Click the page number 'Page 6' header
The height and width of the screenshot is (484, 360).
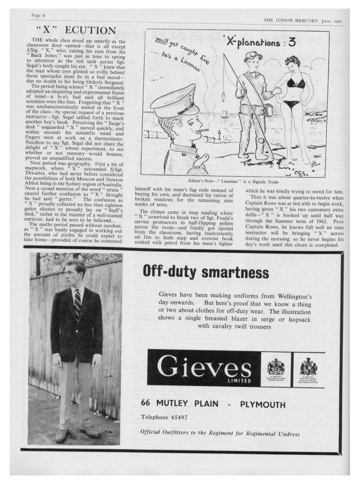point(38,15)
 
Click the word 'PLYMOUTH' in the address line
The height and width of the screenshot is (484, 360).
point(263,404)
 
